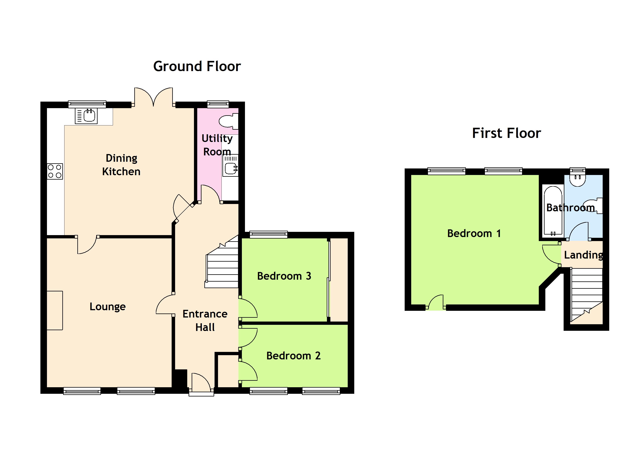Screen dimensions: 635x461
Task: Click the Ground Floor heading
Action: coord(197,66)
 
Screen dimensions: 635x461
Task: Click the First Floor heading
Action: coord(506,133)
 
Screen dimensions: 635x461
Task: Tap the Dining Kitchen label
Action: coord(121,165)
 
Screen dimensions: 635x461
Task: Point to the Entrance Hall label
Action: coord(205,321)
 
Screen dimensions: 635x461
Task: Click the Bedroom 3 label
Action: coord(284,276)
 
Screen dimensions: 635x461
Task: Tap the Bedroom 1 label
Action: coord(474,233)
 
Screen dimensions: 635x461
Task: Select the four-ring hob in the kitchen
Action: coord(55,171)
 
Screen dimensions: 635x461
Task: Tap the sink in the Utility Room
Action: coord(230,166)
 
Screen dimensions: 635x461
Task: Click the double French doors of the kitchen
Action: coord(153,97)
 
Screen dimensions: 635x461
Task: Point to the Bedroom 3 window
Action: coord(268,234)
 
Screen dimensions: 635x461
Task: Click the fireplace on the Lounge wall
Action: coord(55,311)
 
